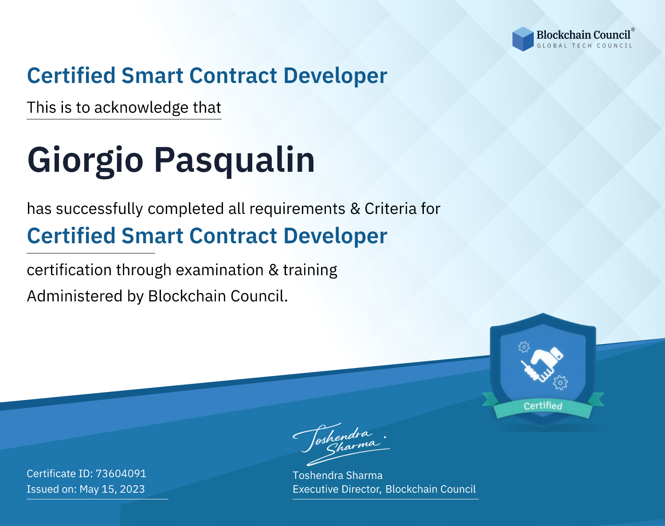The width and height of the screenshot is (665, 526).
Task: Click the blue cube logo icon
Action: click(x=523, y=39)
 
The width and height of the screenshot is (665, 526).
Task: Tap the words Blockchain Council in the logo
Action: click(x=583, y=35)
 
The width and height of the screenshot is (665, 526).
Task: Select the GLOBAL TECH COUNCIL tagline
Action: click(x=585, y=46)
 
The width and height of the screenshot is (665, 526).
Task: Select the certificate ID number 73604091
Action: click(x=121, y=473)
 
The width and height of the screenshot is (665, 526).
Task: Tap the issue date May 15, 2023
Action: click(x=112, y=489)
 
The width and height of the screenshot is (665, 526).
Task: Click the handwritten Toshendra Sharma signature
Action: click(x=341, y=444)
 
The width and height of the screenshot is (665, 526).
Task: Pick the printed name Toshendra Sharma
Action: click(x=338, y=475)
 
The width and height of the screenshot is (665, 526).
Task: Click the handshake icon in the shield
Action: click(x=542, y=364)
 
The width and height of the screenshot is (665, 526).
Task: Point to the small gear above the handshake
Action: click(x=524, y=347)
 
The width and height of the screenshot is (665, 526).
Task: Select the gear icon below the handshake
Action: click(x=560, y=383)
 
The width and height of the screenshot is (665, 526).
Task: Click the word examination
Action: click(x=220, y=270)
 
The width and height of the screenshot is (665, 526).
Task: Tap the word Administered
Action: click(x=74, y=296)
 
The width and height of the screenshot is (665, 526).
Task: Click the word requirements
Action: click(x=297, y=209)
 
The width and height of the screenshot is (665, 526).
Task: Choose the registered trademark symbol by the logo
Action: click(x=633, y=29)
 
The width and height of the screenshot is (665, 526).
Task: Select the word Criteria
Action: click(x=390, y=209)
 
